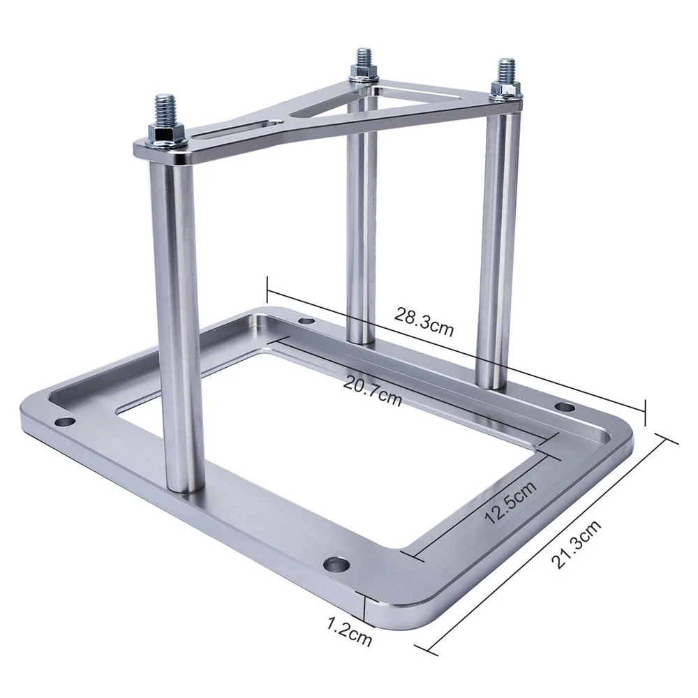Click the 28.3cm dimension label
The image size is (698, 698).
pos(424,320)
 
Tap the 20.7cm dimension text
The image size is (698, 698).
pos(373,389)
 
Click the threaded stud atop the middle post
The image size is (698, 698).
pos(363,59)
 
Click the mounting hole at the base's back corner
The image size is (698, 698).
pos(305,322)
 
